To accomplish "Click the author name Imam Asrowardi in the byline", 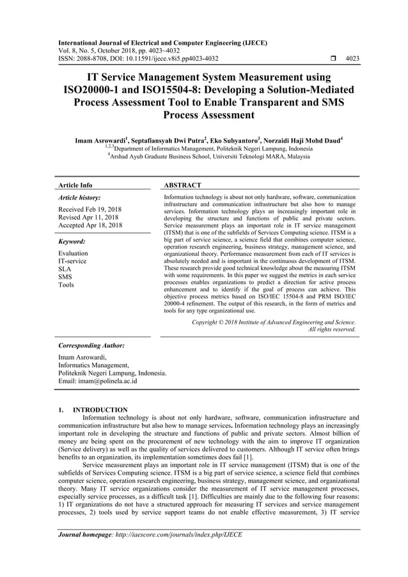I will [102, 138].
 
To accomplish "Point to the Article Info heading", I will [75, 185].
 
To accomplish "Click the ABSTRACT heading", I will [183, 185].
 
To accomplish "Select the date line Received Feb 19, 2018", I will [90, 209].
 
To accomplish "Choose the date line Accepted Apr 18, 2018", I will [90, 226].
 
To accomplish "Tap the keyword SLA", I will [65, 269].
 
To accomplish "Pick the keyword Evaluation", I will [73, 253].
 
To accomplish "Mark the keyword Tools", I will [67, 285].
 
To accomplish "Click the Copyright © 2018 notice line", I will [274, 322].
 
